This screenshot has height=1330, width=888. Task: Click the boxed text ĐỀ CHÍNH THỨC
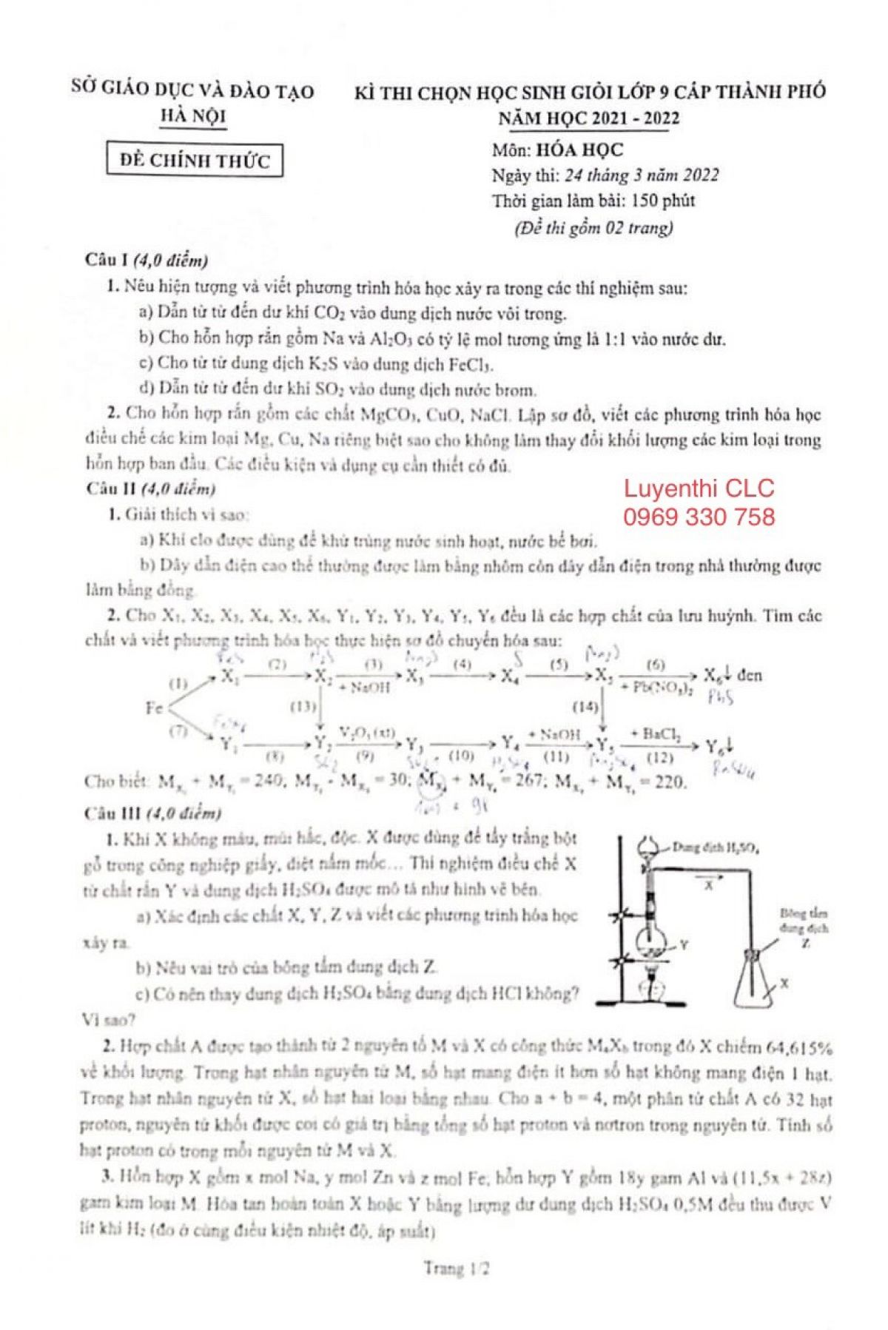[195, 160]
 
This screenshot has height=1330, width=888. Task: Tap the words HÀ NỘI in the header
[193, 116]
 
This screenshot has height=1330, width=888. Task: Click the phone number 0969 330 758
[699, 517]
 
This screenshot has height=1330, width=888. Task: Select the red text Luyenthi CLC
[699, 488]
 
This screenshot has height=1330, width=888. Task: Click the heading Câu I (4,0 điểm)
[147, 260]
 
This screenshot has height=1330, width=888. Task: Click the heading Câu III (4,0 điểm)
[153, 813]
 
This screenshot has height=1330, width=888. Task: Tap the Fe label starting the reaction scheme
[155, 708]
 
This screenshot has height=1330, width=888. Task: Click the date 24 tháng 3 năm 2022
[641, 175]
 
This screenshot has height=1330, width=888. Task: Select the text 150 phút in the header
[663, 201]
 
